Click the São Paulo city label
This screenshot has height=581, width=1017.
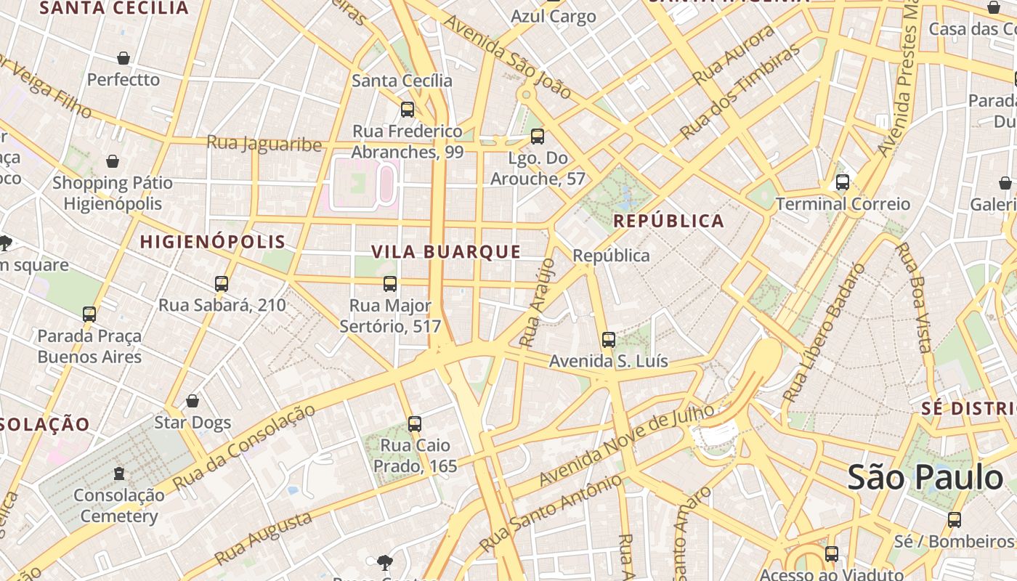pyautogui.click(x=925, y=478)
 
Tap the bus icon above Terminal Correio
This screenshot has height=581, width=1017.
pyautogui.click(x=843, y=182)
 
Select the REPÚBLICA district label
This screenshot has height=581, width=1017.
pyautogui.click(x=668, y=221)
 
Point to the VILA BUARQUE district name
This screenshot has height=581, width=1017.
pyautogui.click(x=446, y=252)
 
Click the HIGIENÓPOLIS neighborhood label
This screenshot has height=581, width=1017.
pyautogui.click(x=212, y=242)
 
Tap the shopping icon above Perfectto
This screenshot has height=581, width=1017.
pyautogui.click(x=123, y=58)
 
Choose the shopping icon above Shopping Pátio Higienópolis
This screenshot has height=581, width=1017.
pyautogui.click(x=113, y=161)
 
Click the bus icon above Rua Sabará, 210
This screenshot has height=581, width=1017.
pyautogui.click(x=222, y=284)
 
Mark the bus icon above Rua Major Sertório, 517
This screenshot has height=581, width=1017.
pyautogui.click(x=390, y=284)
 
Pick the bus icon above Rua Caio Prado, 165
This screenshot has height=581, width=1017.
pyautogui.click(x=415, y=423)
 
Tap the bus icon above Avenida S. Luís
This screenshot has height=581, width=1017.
pyautogui.click(x=609, y=339)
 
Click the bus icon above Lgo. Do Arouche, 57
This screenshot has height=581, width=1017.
pyautogui.click(x=538, y=136)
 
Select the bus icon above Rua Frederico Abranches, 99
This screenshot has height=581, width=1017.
pyautogui.click(x=408, y=110)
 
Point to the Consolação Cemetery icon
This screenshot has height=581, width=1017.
pyautogui.click(x=119, y=474)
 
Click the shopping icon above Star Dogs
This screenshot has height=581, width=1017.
pyautogui.click(x=193, y=401)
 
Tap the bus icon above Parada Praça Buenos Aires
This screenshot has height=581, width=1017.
pyautogui.click(x=89, y=314)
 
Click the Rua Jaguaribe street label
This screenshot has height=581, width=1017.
pyautogui.click(x=264, y=143)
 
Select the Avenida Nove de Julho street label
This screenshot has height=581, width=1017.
pyautogui.click(x=627, y=445)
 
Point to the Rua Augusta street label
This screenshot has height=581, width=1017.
pyautogui.click(x=264, y=538)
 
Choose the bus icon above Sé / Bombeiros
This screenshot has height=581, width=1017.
pyautogui.click(x=955, y=520)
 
